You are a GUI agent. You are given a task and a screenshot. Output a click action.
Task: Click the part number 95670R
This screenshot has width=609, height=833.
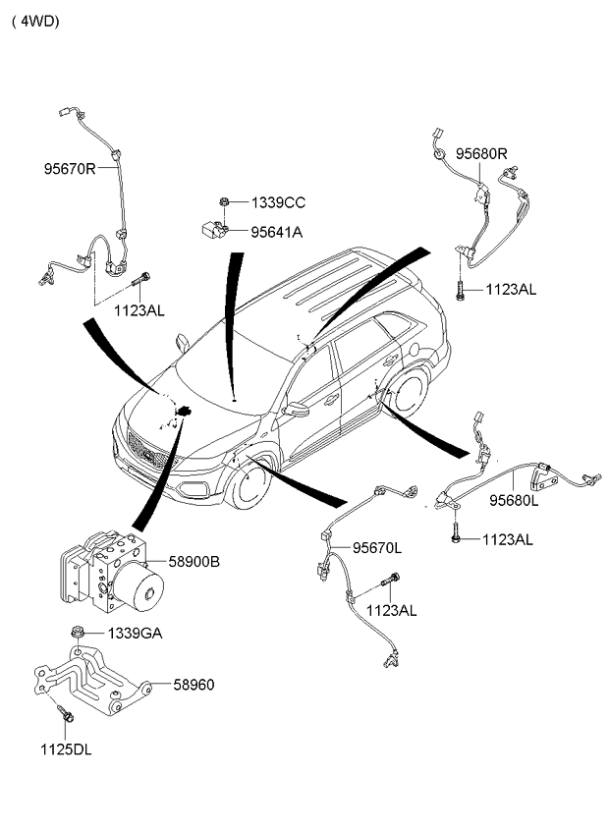(x=69, y=169)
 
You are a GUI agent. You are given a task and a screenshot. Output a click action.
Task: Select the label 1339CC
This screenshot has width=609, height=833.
(x=278, y=203)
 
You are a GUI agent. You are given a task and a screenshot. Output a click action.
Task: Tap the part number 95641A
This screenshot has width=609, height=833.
(x=277, y=233)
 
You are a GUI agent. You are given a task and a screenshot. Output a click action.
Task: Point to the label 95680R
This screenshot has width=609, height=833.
(x=480, y=153)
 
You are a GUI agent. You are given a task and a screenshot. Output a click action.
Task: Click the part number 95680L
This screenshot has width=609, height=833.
(x=514, y=499)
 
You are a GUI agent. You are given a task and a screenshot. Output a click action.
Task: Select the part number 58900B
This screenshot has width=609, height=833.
(x=193, y=562)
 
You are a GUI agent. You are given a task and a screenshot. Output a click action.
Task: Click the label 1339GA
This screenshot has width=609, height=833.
(x=135, y=633)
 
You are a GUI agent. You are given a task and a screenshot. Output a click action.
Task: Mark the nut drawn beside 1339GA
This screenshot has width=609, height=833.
(x=77, y=632)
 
